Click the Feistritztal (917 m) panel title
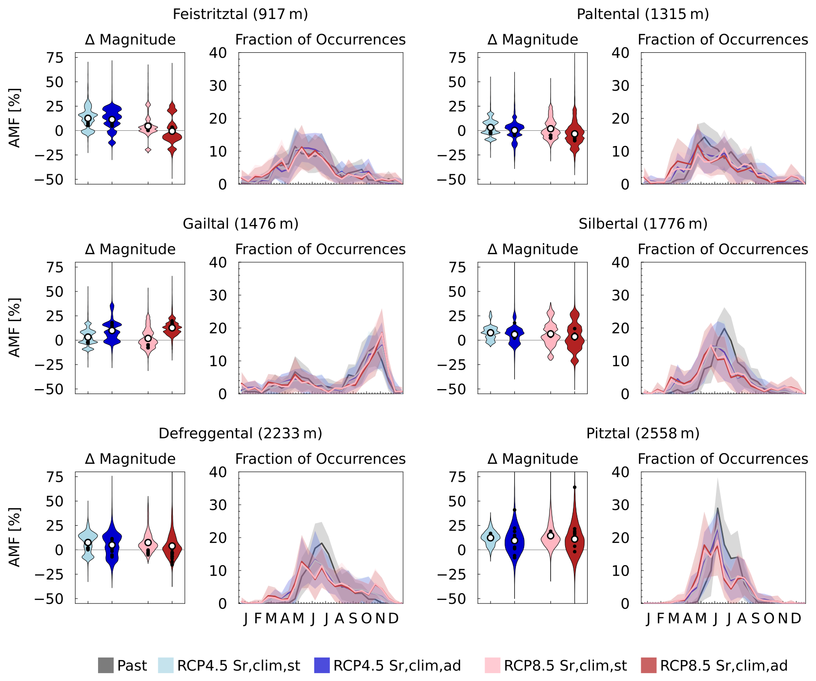pos(240,14)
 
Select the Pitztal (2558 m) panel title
pos(643,433)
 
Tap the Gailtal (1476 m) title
pos(240,224)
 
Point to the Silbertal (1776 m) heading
pos(643,224)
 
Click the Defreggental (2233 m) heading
pos(240,433)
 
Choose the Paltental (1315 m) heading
pos(643,14)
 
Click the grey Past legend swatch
pos(105,665)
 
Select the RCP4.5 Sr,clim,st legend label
pos(238,665)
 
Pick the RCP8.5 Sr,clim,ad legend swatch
pos(649,665)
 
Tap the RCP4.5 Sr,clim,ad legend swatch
pos(322,665)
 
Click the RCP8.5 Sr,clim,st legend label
pos(565,665)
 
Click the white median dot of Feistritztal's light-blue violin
pos(88,118)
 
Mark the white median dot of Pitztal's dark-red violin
pos(575,539)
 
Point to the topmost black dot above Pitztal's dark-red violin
pos(575,487)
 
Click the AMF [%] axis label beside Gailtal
pos(15,328)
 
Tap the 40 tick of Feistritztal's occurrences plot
pos(218,53)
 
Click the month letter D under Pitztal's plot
pos(796,619)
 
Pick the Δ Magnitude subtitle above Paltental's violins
pos(532,40)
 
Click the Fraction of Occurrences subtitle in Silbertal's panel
pos(723,249)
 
